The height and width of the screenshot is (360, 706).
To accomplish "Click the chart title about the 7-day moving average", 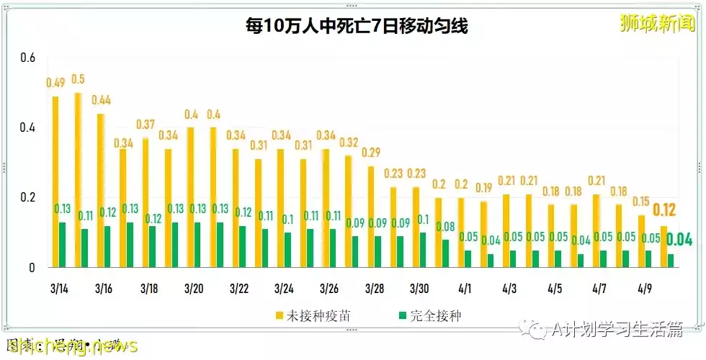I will (x=356, y=27).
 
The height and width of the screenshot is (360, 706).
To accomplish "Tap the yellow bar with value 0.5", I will (x=78, y=180).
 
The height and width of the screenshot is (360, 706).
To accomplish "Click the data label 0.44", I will (x=101, y=100).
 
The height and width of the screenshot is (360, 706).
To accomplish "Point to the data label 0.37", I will (x=146, y=125).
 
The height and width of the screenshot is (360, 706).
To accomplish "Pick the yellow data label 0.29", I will (x=372, y=153).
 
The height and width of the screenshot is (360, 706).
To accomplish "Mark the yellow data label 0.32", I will (x=349, y=143).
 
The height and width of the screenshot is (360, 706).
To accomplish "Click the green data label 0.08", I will (x=447, y=228).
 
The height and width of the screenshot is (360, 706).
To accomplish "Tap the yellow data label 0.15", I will (x=641, y=202).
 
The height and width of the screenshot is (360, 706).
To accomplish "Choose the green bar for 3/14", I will (x=63, y=245).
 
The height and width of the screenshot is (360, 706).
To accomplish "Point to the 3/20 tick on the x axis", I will (x=194, y=289).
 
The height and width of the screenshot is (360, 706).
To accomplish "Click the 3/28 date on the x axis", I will (x=375, y=289).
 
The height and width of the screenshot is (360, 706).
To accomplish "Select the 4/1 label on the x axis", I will (x=465, y=289).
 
